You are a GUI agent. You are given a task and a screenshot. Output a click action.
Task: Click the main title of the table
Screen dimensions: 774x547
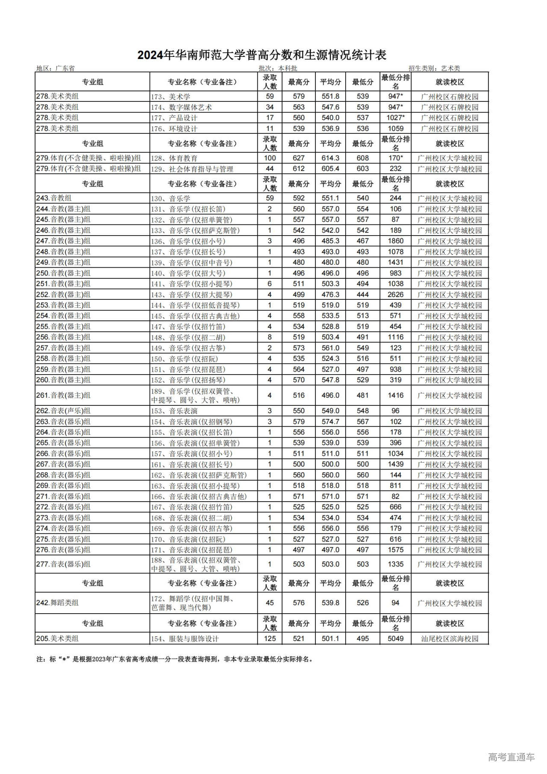coord(262,55)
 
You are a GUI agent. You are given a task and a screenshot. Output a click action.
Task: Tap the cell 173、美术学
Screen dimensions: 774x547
coord(171,97)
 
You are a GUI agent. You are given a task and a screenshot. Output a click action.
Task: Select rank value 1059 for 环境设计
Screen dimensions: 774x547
coord(395,128)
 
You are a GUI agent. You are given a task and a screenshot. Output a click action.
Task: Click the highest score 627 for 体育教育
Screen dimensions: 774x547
coord(299,158)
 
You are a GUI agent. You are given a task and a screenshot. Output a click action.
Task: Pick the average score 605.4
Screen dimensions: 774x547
coord(330,168)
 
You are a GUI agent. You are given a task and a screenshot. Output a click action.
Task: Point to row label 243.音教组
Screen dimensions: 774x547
coord(54,198)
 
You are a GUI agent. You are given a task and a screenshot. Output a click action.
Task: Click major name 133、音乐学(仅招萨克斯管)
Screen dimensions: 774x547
coord(195,230)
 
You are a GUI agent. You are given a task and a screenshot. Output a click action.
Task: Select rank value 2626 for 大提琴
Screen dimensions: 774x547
coord(395,294)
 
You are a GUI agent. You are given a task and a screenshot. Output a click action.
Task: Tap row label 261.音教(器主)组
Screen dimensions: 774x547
coord(63,395)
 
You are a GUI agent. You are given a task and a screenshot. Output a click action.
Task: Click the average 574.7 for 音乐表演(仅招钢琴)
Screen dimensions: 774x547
coord(330,421)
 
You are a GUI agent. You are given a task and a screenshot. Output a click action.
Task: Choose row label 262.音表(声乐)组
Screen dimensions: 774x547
coord(63,411)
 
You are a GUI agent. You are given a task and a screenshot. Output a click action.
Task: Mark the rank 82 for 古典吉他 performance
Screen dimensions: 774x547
coord(395,496)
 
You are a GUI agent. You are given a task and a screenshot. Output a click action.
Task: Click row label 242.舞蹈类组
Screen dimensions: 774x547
coord(57,603)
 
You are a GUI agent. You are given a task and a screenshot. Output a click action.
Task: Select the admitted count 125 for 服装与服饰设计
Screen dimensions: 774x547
coord(270,638)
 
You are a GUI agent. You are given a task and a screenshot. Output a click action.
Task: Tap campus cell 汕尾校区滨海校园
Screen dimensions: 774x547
coord(450,638)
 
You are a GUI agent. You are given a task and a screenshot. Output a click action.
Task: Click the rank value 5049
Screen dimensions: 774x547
coord(395,638)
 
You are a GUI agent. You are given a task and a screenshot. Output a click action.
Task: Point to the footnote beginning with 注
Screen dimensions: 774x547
coord(175,659)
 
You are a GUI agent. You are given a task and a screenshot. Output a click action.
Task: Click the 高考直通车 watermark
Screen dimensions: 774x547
coord(511,757)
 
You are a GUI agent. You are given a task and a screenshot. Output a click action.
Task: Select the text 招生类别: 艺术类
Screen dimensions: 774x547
coord(434,68)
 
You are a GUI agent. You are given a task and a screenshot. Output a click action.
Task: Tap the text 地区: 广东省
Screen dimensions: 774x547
coord(56,68)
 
